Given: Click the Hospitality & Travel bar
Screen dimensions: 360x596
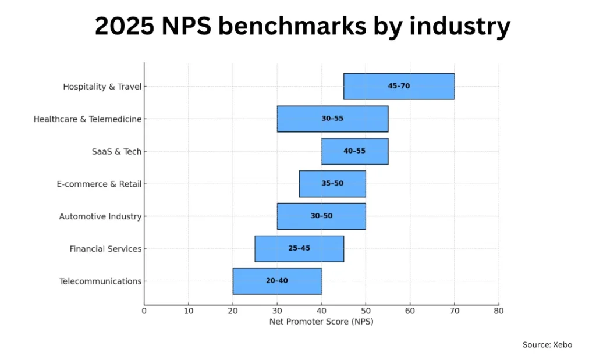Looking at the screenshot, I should click(x=399, y=86).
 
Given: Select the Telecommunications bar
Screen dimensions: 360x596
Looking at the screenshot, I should click(x=277, y=281).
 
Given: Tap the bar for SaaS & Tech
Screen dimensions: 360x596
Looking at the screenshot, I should click(x=354, y=151).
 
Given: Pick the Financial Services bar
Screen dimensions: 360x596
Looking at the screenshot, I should click(x=299, y=248).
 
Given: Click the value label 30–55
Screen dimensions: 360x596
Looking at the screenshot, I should click(x=332, y=119).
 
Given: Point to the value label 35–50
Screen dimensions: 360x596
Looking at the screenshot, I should click(x=332, y=184).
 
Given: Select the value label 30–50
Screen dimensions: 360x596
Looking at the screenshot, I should click(x=321, y=216).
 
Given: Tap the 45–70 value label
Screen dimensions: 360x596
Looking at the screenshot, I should click(x=399, y=86).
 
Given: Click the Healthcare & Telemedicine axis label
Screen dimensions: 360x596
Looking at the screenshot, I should click(x=87, y=119).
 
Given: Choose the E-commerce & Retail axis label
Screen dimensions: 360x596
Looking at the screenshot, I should click(x=99, y=184).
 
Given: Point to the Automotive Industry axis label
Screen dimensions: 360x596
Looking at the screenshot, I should click(x=100, y=217).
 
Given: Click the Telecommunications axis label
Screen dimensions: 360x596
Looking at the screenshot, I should click(x=100, y=281).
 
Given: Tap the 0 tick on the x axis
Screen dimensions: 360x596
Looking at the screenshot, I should click(x=144, y=311).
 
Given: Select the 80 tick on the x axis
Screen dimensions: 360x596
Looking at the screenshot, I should click(x=499, y=311).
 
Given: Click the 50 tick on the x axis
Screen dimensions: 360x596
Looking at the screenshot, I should click(x=366, y=311).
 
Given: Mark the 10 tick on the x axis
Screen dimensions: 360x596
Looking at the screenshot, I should click(x=189, y=311).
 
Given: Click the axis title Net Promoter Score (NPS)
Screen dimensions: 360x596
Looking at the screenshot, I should click(x=321, y=322).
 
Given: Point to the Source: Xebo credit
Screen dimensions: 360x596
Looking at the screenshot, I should click(x=547, y=345).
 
